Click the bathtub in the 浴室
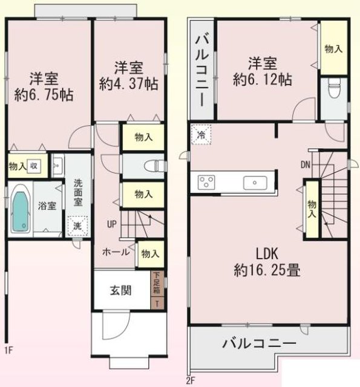click(x=20, y=210)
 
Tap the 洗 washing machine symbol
click(x=78, y=226)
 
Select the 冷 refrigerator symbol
click(x=201, y=134)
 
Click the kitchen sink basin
click(x=255, y=183)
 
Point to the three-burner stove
click(x=206, y=183)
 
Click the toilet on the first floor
click(x=155, y=166)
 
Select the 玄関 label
click(x=120, y=290)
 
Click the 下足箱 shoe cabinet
click(x=157, y=283)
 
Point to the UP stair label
click(x=111, y=224)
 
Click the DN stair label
click(x=306, y=164)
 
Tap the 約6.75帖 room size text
click(x=44, y=95)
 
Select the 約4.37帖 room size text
click(x=129, y=84)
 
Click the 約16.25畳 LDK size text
click(x=267, y=270)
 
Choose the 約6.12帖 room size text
click(x=262, y=79)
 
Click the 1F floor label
click(x=8, y=351)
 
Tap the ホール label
click(x=116, y=252)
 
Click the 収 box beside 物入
click(x=34, y=166)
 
